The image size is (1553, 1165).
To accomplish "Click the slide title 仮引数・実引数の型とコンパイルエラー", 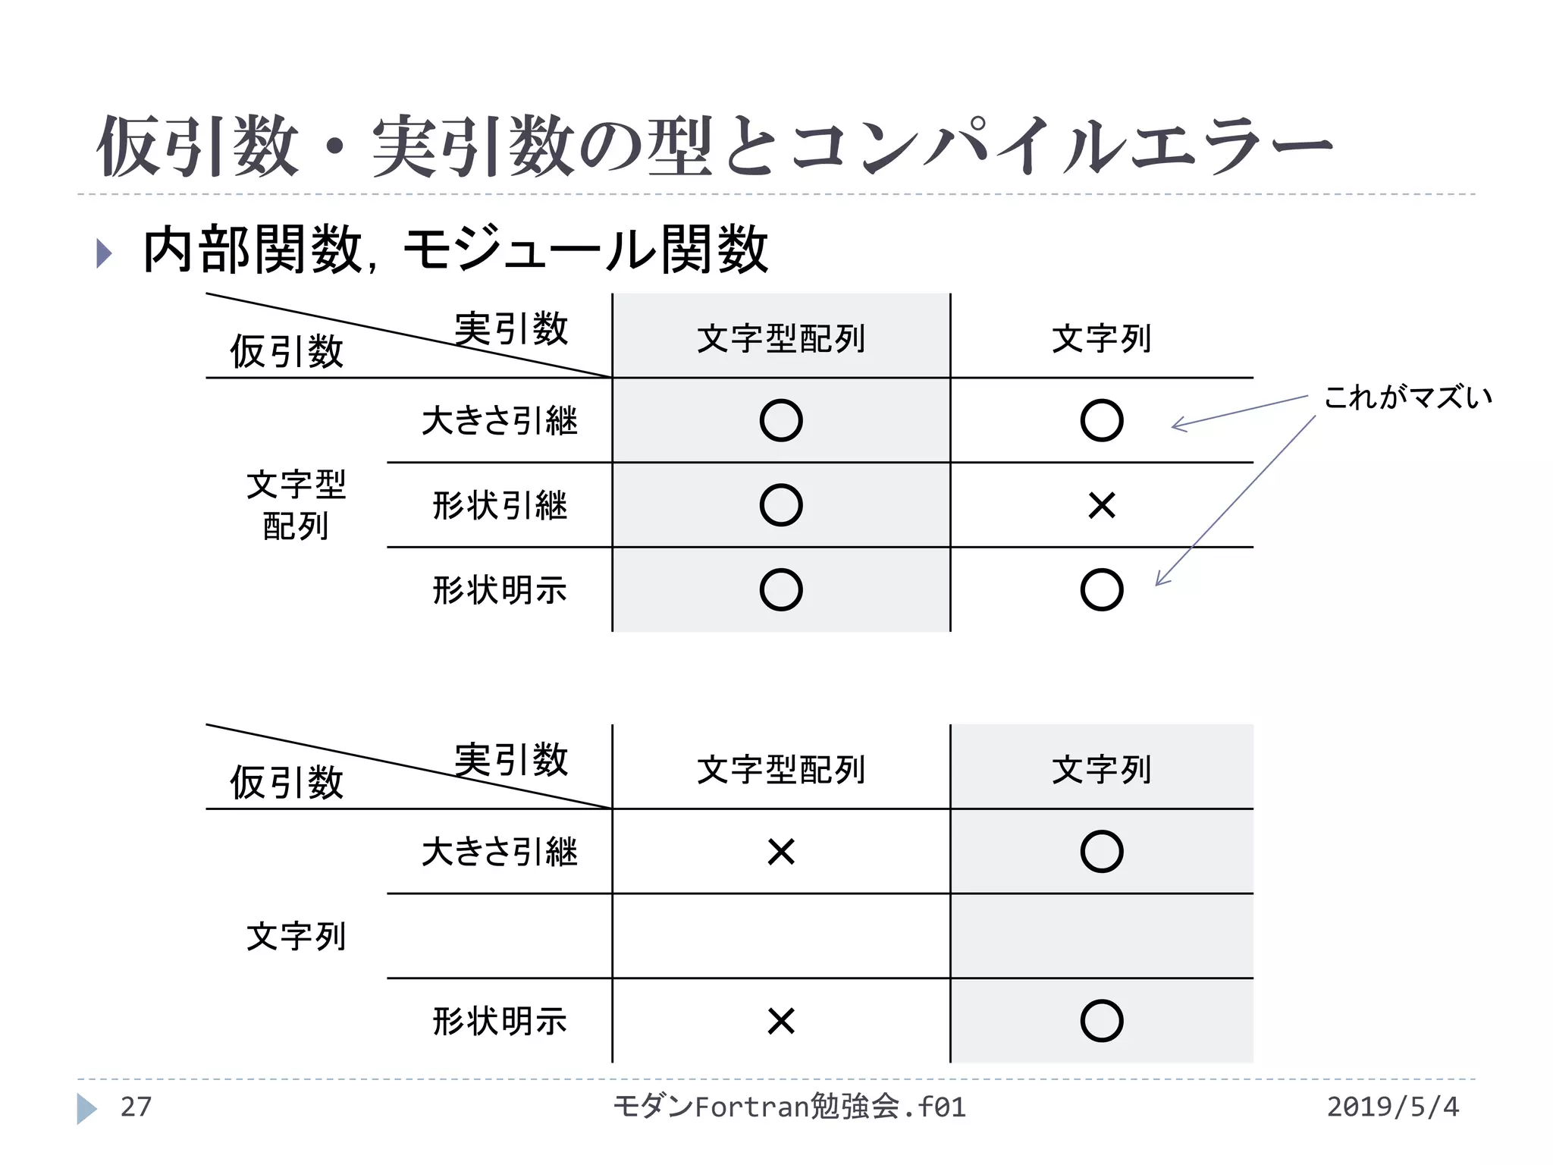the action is pos(713,146).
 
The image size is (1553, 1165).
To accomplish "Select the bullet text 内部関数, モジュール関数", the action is pos(455,250).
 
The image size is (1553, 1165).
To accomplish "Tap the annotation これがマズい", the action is pos(1407,397).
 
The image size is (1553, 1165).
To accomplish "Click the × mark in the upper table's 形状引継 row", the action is pos(1101,505).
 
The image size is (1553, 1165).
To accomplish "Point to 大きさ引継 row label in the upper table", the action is pos(499,421).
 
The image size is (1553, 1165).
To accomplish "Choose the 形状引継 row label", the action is pos(499,505).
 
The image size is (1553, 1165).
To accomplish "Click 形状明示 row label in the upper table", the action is pos(499,590).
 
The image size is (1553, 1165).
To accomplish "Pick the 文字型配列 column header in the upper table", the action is pos(780,338).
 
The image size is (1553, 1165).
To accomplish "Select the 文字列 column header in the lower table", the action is pos(1101,769).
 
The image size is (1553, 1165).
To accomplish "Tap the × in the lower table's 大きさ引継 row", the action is pos(780,852).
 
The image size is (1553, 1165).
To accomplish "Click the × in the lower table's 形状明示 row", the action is pos(780,1021).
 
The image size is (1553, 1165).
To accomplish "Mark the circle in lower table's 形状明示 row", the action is pos(1101,1021).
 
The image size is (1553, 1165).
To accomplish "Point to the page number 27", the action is pos(136,1107).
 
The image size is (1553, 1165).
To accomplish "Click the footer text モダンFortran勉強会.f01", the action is pos(789,1107).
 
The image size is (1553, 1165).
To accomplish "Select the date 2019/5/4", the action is pos(1392,1107).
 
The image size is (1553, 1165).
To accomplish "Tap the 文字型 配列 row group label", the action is pos(296,505).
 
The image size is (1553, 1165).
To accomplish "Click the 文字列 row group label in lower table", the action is pos(296,937).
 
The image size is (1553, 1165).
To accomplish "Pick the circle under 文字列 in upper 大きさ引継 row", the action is pos(1101,421).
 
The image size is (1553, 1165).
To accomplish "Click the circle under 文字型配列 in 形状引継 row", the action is pos(780,505).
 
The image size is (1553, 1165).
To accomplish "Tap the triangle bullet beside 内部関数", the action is pos(105,253).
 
